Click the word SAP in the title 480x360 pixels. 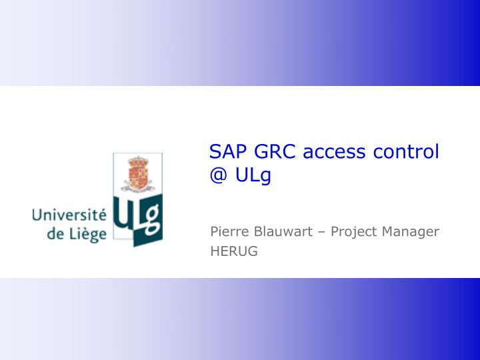pyautogui.click(x=227, y=151)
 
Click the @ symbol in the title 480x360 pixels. pyautogui.click(x=217, y=177)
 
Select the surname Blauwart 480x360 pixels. pyautogui.click(x=281, y=232)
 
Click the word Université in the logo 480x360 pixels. pyautogui.click(x=69, y=215)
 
